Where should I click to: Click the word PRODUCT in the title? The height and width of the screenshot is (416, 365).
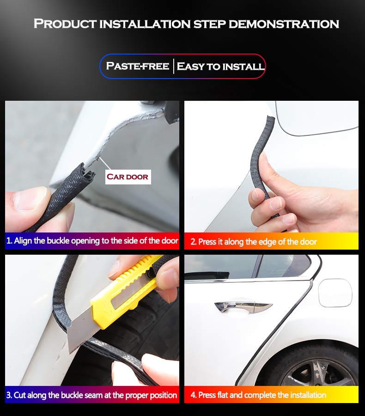(65, 24)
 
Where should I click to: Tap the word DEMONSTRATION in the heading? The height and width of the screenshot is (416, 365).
(284, 24)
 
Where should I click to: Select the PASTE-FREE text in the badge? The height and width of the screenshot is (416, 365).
(137, 66)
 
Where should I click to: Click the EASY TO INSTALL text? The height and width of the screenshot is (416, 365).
(221, 66)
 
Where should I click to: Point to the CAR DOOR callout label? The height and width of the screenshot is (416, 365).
(128, 177)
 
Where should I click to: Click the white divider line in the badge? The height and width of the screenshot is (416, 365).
(173, 66)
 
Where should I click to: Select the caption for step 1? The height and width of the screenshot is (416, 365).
(92, 241)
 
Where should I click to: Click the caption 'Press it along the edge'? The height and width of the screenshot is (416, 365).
(253, 242)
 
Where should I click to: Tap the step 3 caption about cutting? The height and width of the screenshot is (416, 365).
(91, 395)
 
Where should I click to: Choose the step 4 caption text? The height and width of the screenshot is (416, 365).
(258, 395)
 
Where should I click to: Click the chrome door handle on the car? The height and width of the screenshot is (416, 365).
(243, 306)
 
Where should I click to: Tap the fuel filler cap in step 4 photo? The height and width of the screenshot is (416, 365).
(335, 293)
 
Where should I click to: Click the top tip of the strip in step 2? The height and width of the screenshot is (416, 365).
(270, 118)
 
